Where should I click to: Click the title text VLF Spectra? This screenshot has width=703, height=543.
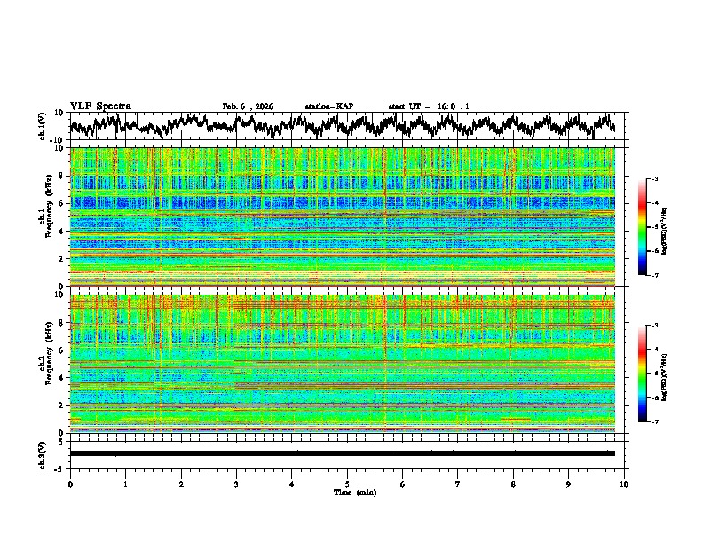click(100, 106)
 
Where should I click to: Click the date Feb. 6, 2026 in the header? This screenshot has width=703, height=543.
click(248, 106)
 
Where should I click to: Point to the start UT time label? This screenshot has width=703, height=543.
click(429, 106)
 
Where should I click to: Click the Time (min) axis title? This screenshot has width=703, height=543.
click(347, 492)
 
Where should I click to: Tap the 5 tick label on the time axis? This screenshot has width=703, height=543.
click(347, 484)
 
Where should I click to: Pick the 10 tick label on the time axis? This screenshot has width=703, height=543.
click(624, 484)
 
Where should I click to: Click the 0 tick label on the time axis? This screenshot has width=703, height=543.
click(70, 484)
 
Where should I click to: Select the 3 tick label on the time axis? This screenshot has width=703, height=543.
click(236, 484)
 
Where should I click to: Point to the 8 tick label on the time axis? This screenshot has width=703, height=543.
click(513, 484)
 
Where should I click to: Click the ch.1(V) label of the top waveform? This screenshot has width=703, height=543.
click(42, 126)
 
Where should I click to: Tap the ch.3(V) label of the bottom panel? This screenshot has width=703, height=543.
click(42, 453)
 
